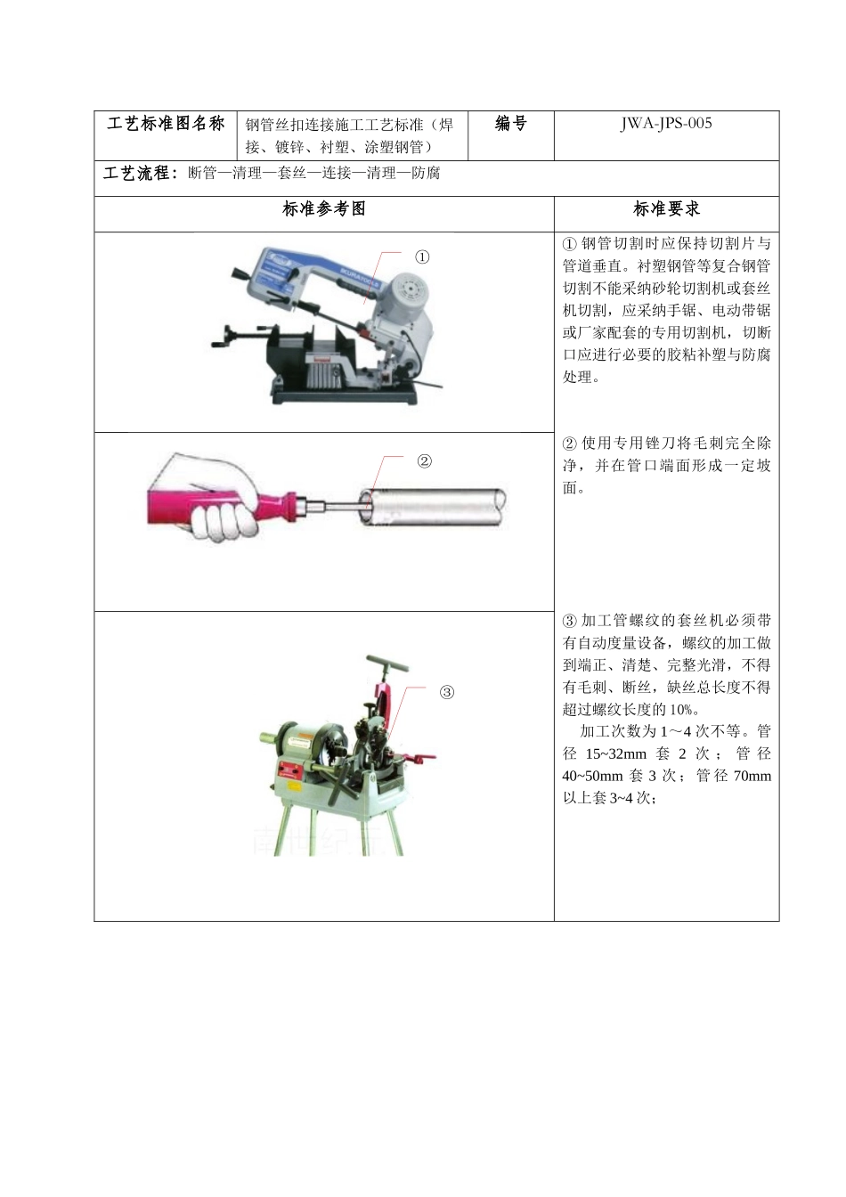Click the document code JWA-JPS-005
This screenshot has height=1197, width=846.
(666, 124)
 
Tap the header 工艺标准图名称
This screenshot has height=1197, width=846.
(166, 124)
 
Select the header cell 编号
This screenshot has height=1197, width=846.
(510, 124)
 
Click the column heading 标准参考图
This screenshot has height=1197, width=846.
(324, 209)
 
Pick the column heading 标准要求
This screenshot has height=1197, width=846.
(666, 209)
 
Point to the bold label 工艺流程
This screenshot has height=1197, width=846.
(141, 173)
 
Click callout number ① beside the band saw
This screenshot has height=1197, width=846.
(422, 257)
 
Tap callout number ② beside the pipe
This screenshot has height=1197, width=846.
(424, 461)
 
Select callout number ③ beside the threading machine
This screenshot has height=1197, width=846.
(446, 692)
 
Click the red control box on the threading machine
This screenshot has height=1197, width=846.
(289, 771)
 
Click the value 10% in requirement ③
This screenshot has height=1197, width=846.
(682, 710)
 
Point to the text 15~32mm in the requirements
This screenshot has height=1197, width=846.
(615, 753)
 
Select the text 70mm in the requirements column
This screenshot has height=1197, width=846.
(752, 776)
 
